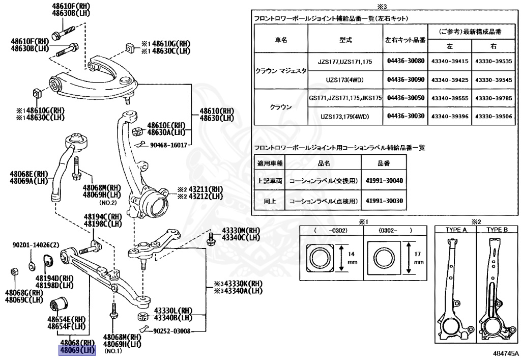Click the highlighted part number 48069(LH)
(76, 350)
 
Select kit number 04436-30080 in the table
(406, 61)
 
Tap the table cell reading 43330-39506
(493, 116)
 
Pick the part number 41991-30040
(384, 180)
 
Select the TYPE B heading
(497, 229)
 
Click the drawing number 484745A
(505, 352)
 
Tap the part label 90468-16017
(168, 145)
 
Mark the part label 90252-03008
(172, 331)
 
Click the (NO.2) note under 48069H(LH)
(108, 202)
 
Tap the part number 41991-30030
(384, 201)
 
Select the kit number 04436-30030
(406, 116)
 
